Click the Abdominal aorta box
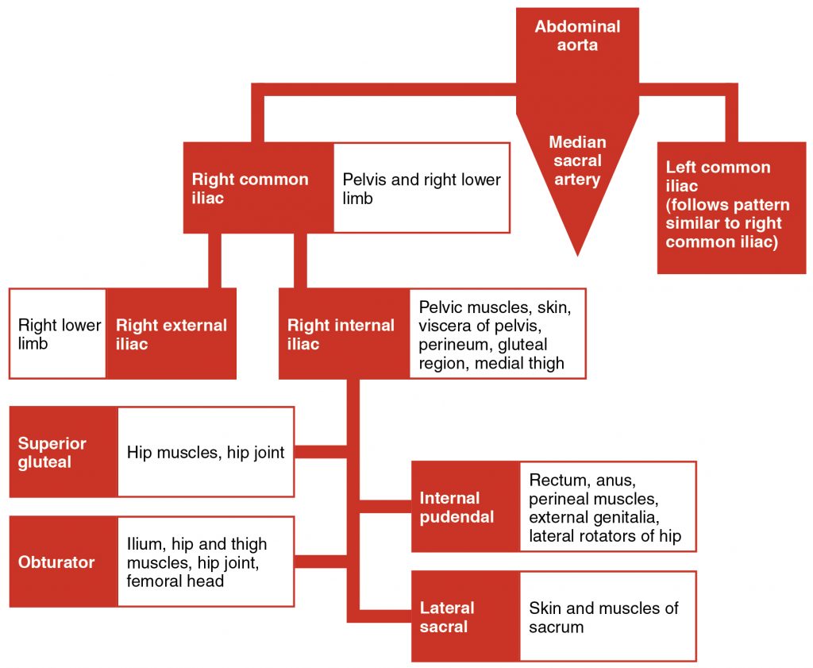[577, 36]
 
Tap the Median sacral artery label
[577, 161]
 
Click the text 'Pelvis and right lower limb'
[422, 188]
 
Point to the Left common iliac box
[731, 205]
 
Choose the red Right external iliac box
[171, 334]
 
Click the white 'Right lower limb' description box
[59, 334]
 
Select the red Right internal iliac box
[341, 334]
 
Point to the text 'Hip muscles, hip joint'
[206, 453]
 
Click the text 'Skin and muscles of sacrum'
[603, 616]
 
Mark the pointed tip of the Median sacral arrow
[577, 253]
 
